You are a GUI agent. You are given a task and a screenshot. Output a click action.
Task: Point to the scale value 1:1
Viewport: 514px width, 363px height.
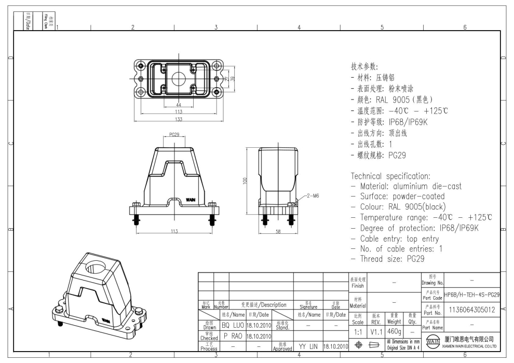tap(357, 331)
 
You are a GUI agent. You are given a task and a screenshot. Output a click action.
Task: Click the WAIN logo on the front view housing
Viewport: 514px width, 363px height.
tap(191, 199)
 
